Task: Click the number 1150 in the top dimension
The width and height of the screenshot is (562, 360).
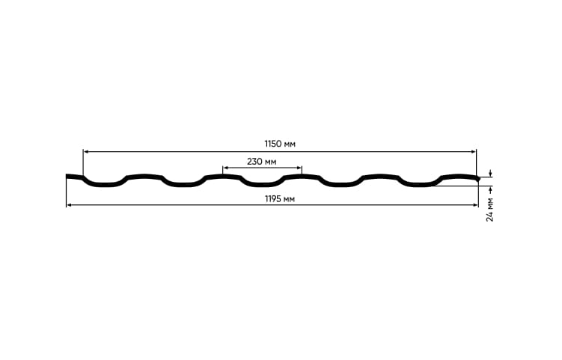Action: point(273,144)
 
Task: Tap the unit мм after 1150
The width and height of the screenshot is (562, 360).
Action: point(290,145)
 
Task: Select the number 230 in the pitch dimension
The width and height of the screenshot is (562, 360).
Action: point(255,162)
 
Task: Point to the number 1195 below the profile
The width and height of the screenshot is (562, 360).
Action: point(273,198)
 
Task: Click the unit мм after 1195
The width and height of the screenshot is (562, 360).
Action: point(290,199)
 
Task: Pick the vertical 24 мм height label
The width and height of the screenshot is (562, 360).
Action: point(489,210)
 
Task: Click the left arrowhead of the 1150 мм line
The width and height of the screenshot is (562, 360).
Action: point(85,152)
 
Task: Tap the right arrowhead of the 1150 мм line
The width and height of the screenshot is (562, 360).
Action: point(474,152)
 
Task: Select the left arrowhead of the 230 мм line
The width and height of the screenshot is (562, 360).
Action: point(225,168)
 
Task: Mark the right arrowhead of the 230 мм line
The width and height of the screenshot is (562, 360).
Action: point(299,168)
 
